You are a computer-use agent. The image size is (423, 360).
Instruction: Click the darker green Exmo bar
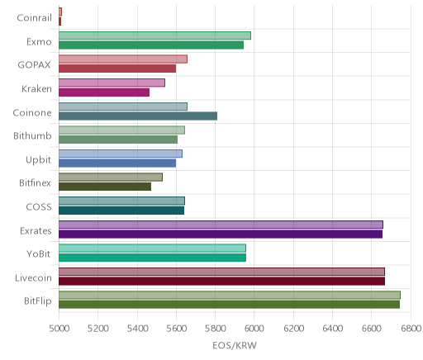(151, 45)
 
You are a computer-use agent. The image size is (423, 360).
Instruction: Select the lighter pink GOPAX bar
(123, 59)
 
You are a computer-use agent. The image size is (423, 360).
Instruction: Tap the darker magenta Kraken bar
(104, 92)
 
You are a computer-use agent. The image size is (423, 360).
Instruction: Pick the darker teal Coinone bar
(138, 116)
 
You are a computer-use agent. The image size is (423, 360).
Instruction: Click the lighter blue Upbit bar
(121, 154)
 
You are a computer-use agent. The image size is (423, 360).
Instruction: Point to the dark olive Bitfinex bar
(105, 187)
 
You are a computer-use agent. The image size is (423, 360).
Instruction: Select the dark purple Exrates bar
(221, 234)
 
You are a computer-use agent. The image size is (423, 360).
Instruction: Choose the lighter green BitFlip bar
(230, 296)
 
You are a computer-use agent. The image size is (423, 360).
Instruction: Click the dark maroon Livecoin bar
(222, 282)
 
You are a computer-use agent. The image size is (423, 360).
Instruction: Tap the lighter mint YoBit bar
(152, 249)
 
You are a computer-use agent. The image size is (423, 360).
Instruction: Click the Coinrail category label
(35, 18)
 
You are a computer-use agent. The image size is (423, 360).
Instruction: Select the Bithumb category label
(32, 136)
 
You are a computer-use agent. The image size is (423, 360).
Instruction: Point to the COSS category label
(39, 207)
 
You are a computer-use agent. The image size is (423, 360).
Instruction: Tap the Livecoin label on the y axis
(33, 278)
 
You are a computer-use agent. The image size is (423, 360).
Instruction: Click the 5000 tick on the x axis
(59, 329)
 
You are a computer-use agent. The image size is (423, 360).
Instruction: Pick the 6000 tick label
(254, 329)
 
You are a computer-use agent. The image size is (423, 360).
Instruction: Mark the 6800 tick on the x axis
(411, 329)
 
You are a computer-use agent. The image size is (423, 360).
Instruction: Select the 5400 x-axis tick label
(137, 329)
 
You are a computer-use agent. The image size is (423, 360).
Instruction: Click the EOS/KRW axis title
(235, 346)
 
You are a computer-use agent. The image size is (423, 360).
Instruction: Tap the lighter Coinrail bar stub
(60, 12)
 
